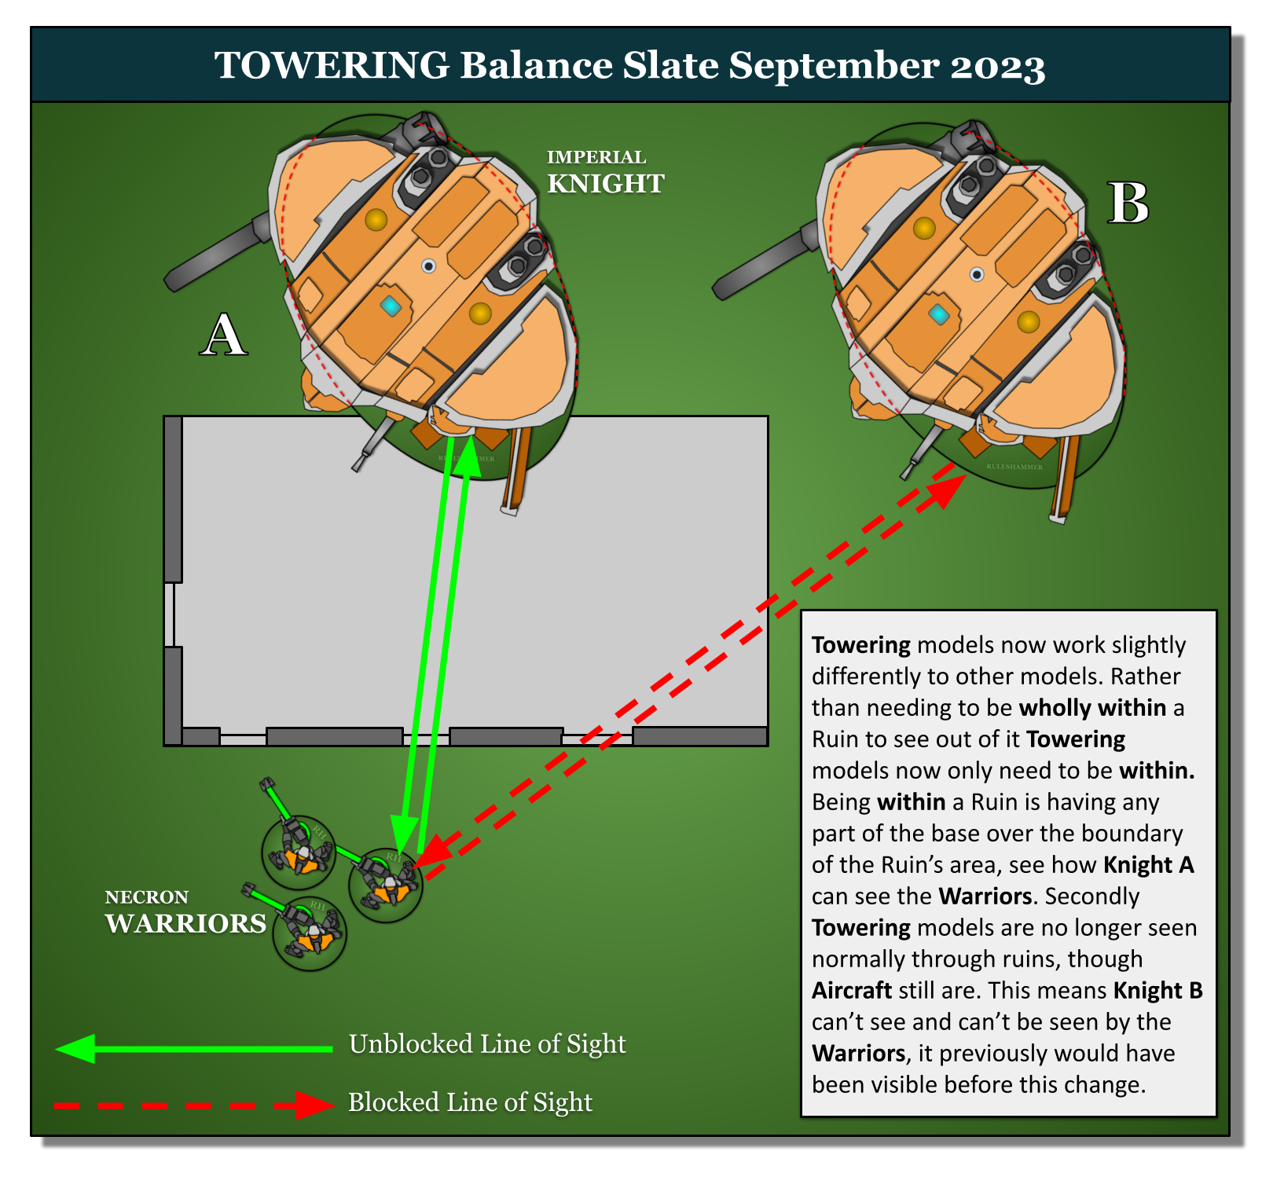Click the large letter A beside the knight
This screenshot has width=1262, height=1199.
[x=224, y=335]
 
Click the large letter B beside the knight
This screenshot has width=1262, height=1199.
[x=1128, y=203]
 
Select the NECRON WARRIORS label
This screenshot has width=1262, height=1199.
[x=185, y=913]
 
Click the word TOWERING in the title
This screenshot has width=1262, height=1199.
[x=332, y=65]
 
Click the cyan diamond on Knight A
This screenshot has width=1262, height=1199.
[x=391, y=306]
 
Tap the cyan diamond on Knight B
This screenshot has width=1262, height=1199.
[x=938, y=314]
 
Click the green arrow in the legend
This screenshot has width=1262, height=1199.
[x=193, y=1048]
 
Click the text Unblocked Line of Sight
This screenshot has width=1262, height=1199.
[x=487, y=1044]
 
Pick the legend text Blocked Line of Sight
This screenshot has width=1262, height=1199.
[x=470, y=1102]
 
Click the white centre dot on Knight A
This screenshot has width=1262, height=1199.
[x=428, y=266]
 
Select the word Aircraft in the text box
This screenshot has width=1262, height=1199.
[x=852, y=990]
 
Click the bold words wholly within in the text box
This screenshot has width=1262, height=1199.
[x=1092, y=707]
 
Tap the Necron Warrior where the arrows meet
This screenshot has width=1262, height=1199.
[x=386, y=885]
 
